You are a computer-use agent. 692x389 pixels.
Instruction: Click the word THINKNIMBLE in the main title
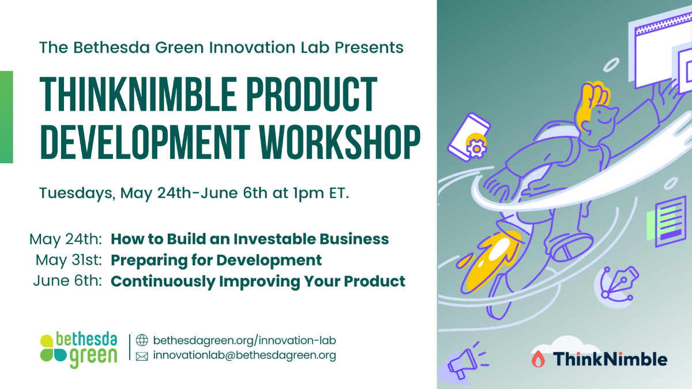coord(138,94)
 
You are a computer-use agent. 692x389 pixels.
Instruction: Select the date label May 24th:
coord(66,239)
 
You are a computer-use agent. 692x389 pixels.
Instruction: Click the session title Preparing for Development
coord(216,260)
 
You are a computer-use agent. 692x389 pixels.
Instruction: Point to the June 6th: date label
coord(67,281)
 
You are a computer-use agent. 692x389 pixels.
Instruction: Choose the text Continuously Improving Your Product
coord(258,282)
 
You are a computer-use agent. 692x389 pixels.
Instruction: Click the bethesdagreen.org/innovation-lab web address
coord(245,341)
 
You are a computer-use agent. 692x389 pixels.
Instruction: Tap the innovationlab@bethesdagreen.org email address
coord(245,356)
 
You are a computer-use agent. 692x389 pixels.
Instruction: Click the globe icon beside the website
coord(142,340)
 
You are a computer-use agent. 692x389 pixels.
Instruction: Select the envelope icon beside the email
coord(142,357)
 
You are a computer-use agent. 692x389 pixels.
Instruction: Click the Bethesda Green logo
coord(79,350)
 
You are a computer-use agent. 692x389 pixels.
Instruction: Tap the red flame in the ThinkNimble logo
coord(538,359)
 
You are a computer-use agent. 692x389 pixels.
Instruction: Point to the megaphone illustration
coord(464,362)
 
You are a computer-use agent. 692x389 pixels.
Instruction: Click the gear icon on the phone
coord(476,149)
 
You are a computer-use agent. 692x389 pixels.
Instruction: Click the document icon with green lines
coord(667,221)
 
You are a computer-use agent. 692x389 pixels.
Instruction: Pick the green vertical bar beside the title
coord(6,117)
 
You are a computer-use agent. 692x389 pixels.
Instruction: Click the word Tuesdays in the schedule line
coord(77,194)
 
